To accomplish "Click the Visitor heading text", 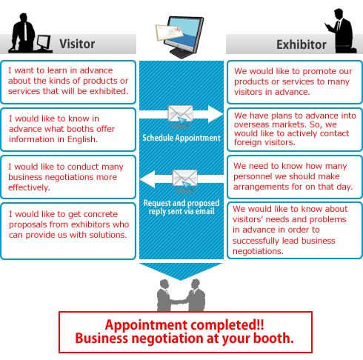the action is coord(77,44).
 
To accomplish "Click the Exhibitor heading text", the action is coord(302,44).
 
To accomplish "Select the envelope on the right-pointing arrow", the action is coord(180,113).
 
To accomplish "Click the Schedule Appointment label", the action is coord(181,138).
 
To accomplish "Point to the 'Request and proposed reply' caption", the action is coord(181,207).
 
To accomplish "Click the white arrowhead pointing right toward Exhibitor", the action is coord(216,114).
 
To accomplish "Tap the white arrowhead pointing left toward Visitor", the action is coord(147,179).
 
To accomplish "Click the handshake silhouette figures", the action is coord(181,295).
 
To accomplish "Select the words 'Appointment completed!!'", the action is coord(184,324).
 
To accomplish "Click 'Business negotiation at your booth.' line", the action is coord(184,339).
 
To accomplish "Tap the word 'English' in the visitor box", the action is coord(82,139).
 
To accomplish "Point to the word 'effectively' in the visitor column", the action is coord(29,187).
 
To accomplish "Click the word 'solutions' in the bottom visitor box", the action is coord(108,235).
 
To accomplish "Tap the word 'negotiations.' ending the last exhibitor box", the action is coord(258,251).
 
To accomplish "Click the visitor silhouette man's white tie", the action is coord(25,31).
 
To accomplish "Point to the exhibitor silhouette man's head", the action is coord(339,13).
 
